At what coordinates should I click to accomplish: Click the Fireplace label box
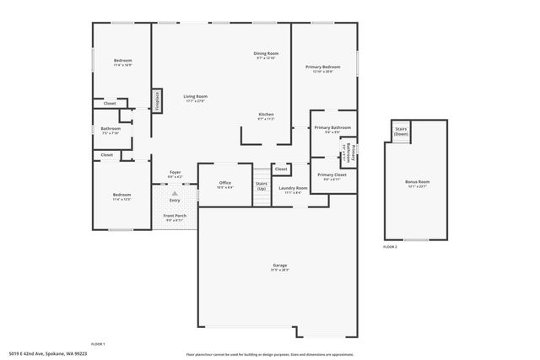tap(157, 100)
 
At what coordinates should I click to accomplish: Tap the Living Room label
tap(196, 99)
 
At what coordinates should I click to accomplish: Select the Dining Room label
tap(266, 56)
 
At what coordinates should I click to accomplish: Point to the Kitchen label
tap(266, 116)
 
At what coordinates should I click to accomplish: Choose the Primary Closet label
tap(332, 176)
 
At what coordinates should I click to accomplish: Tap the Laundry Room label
tap(293, 190)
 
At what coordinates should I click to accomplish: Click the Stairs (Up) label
tap(262, 186)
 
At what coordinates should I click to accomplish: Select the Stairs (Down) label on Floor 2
tap(401, 132)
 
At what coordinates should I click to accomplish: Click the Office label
tap(224, 185)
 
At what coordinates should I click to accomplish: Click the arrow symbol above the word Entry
tap(175, 193)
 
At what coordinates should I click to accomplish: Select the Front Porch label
tap(175, 218)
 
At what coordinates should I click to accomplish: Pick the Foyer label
tap(175, 174)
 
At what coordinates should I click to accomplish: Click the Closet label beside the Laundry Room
tap(281, 169)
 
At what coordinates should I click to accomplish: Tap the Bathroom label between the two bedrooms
tap(111, 131)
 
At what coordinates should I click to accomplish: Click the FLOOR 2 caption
tap(390, 247)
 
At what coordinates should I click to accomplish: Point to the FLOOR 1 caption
tap(98, 344)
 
